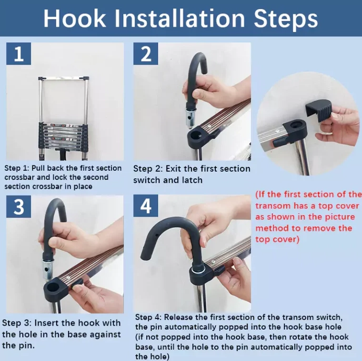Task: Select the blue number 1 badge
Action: [19, 53]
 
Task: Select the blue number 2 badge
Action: [146, 53]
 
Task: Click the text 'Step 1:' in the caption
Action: [18, 168]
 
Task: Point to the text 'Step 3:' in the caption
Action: [18, 323]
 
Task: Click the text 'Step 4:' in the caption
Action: [150, 318]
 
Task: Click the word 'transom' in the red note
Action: [272, 206]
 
